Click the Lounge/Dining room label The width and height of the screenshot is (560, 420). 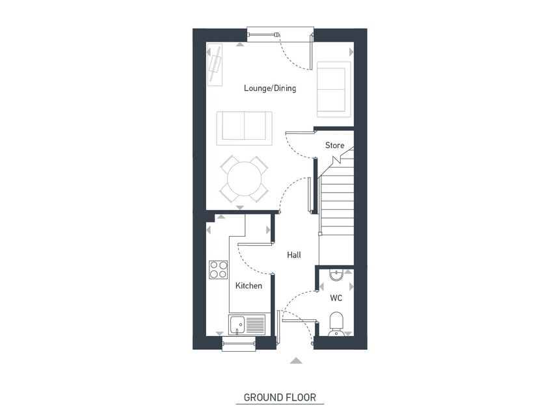(270, 88)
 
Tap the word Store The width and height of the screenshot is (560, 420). (334, 146)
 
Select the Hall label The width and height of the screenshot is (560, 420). (294, 256)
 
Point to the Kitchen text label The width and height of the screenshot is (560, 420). (248, 285)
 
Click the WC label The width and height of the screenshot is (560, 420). (336, 298)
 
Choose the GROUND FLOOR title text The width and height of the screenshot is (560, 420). (280, 397)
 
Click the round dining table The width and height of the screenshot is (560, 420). (244, 178)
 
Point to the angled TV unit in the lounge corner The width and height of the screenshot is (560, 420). (215, 64)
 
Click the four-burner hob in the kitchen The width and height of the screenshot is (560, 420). (219, 270)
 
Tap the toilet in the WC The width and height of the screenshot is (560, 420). (336, 323)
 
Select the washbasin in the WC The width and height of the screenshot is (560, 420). (336, 275)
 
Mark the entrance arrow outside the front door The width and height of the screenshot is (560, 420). (296, 360)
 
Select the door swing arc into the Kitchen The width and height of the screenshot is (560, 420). (250, 260)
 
